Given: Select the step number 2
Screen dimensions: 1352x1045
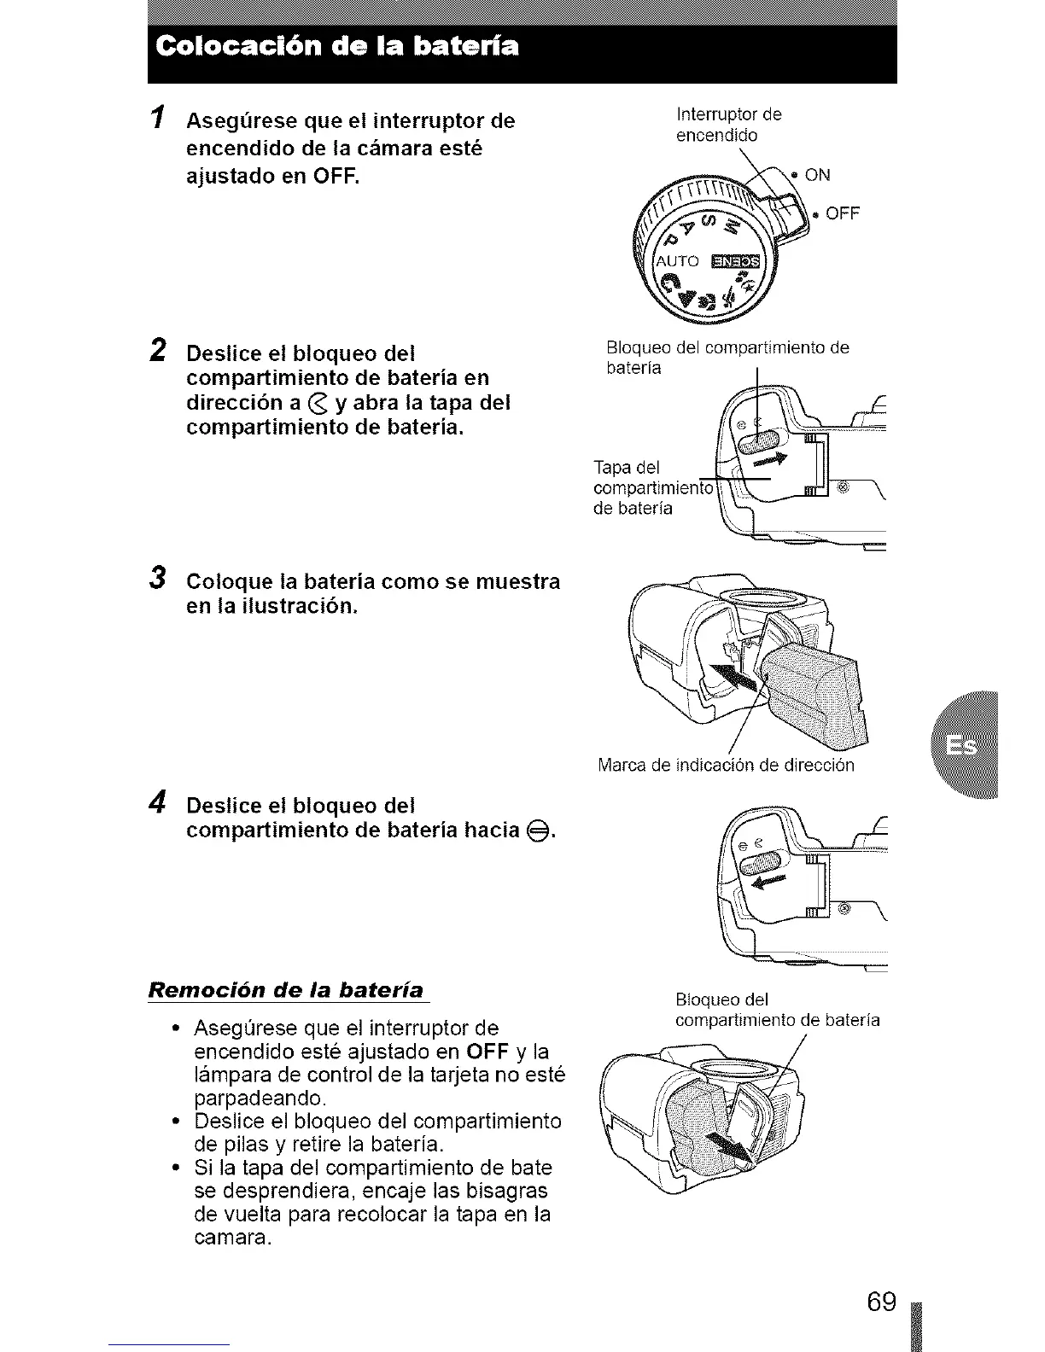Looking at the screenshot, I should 159,350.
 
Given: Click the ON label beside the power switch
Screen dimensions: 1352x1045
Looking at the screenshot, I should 816,176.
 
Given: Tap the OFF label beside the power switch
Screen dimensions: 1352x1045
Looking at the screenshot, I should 842,213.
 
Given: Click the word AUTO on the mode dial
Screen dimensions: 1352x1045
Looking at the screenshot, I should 678,260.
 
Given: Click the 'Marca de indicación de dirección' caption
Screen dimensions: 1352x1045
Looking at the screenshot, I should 726,765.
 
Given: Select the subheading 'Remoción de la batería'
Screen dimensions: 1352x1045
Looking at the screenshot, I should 287,990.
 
